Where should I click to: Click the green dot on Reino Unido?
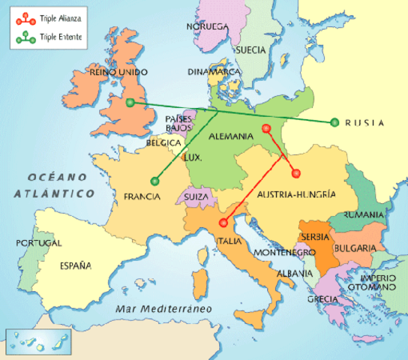click(x=130, y=103)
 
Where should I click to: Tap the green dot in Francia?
click(x=155, y=180)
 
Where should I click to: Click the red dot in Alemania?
click(x=266, y=128)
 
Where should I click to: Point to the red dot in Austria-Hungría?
click(x=295, y=172)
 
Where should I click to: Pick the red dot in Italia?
click(x=223, y=223)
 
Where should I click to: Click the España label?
click(x=76, y=265)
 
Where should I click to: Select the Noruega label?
click(x=207, y=27)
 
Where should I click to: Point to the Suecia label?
click(x=251, y=50)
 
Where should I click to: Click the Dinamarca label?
click(x=214, y=72)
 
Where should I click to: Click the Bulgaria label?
click(x=355, y=247)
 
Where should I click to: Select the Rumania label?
click(x=363, y=214)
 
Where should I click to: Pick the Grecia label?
click(x=322, y=299)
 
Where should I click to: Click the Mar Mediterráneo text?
click(x=160, y=309)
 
